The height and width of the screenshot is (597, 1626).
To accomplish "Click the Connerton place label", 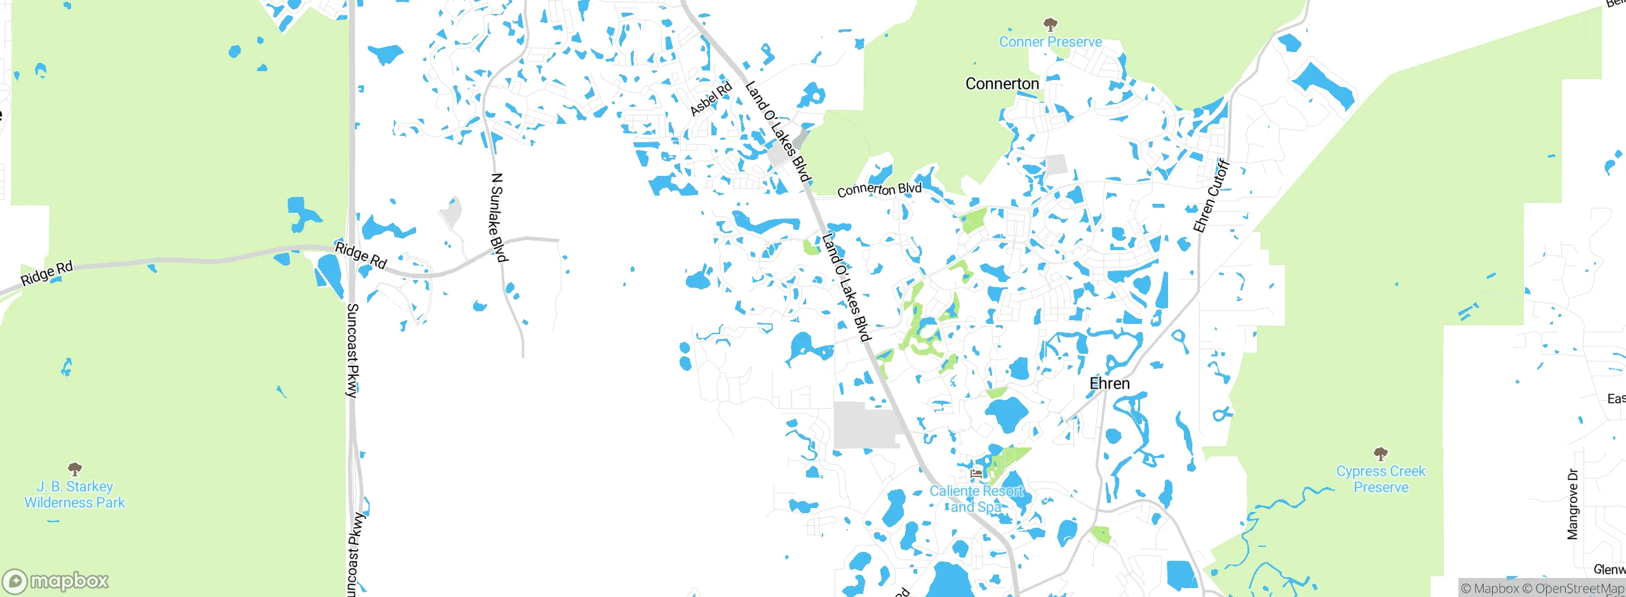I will click(x=1002, y=84).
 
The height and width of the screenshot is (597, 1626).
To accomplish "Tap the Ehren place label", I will click(x=1110, y=384).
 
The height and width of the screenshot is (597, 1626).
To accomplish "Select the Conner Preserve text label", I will click(x=1051, y=42).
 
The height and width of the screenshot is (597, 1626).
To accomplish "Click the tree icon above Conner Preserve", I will click(x=1051, y=25).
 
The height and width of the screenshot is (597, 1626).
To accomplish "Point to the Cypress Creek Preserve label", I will click(x=1381, y=480).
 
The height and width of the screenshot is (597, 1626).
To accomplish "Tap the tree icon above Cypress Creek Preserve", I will click(x=1380, y=454).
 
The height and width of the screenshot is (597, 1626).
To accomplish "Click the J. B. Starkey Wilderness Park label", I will click(x=75, y=495).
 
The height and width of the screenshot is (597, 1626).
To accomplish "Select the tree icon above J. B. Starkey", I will click(x=75, y=469).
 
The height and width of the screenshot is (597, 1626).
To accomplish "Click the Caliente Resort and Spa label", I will click(x=976, y=499).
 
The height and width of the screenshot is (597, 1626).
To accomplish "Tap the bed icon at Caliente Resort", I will click(x=976, y=473).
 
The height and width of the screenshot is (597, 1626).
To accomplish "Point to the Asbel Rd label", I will click(x=711, y=99).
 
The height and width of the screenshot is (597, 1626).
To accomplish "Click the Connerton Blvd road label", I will click(x=879, y=190).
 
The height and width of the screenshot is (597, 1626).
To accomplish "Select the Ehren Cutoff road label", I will click(x=1211, y=196).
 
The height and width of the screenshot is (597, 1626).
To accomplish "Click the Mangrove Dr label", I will click(x=1573, y=504).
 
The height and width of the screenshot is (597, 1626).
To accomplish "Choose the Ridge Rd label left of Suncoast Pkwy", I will click(x=47, y=274).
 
